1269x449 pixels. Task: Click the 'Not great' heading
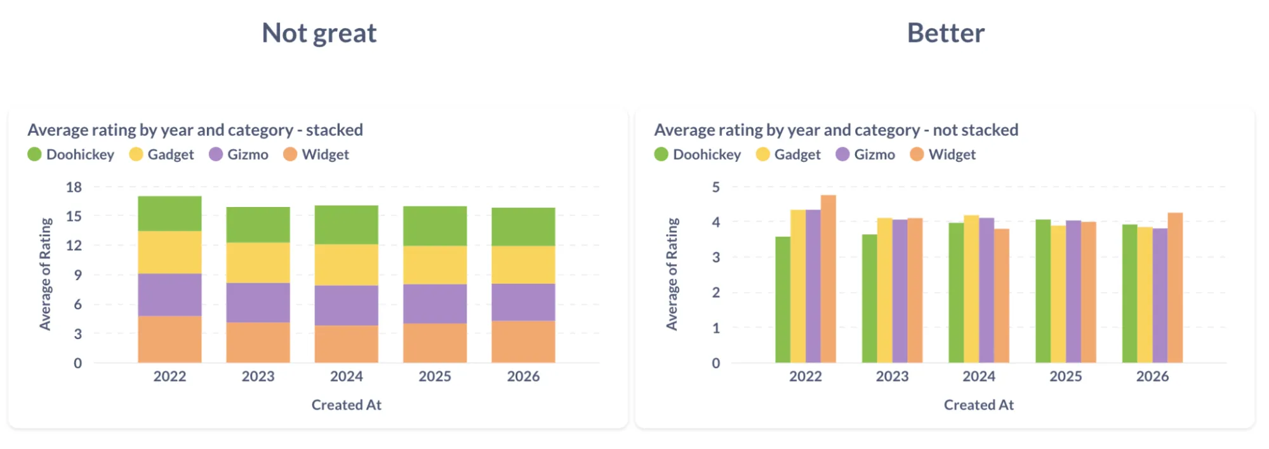pos(319,33)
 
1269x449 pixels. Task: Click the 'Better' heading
pos(945,33)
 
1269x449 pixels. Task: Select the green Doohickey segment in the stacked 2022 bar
pos(169,213)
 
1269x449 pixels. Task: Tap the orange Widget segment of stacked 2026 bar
pos(523,342)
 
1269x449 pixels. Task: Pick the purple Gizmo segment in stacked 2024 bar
pos(347,305)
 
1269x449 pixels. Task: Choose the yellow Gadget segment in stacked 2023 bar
pos(258,262)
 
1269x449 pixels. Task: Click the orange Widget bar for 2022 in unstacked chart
pos(828,279)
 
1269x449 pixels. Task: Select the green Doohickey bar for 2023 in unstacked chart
pos(869,298)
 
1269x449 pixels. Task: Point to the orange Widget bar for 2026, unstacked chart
pos(1175,288)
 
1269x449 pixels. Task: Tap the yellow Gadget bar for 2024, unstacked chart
pos(971,289)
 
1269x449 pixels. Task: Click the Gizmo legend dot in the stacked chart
pos(216,154)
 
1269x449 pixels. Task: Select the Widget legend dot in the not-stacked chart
pos(917,154)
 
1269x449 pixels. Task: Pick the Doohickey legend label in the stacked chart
pos(80,154)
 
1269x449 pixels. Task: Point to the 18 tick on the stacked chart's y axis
pos(74,187)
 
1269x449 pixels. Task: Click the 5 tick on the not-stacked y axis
pos(716,187)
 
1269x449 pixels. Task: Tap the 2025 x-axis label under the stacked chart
pos(435,376)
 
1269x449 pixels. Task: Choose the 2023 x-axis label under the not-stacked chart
pos(892,376)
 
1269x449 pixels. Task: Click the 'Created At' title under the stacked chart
pos(347,405)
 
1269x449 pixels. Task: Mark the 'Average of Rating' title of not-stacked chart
pos(672,274)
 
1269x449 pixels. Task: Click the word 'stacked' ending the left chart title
pos(335,130)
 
